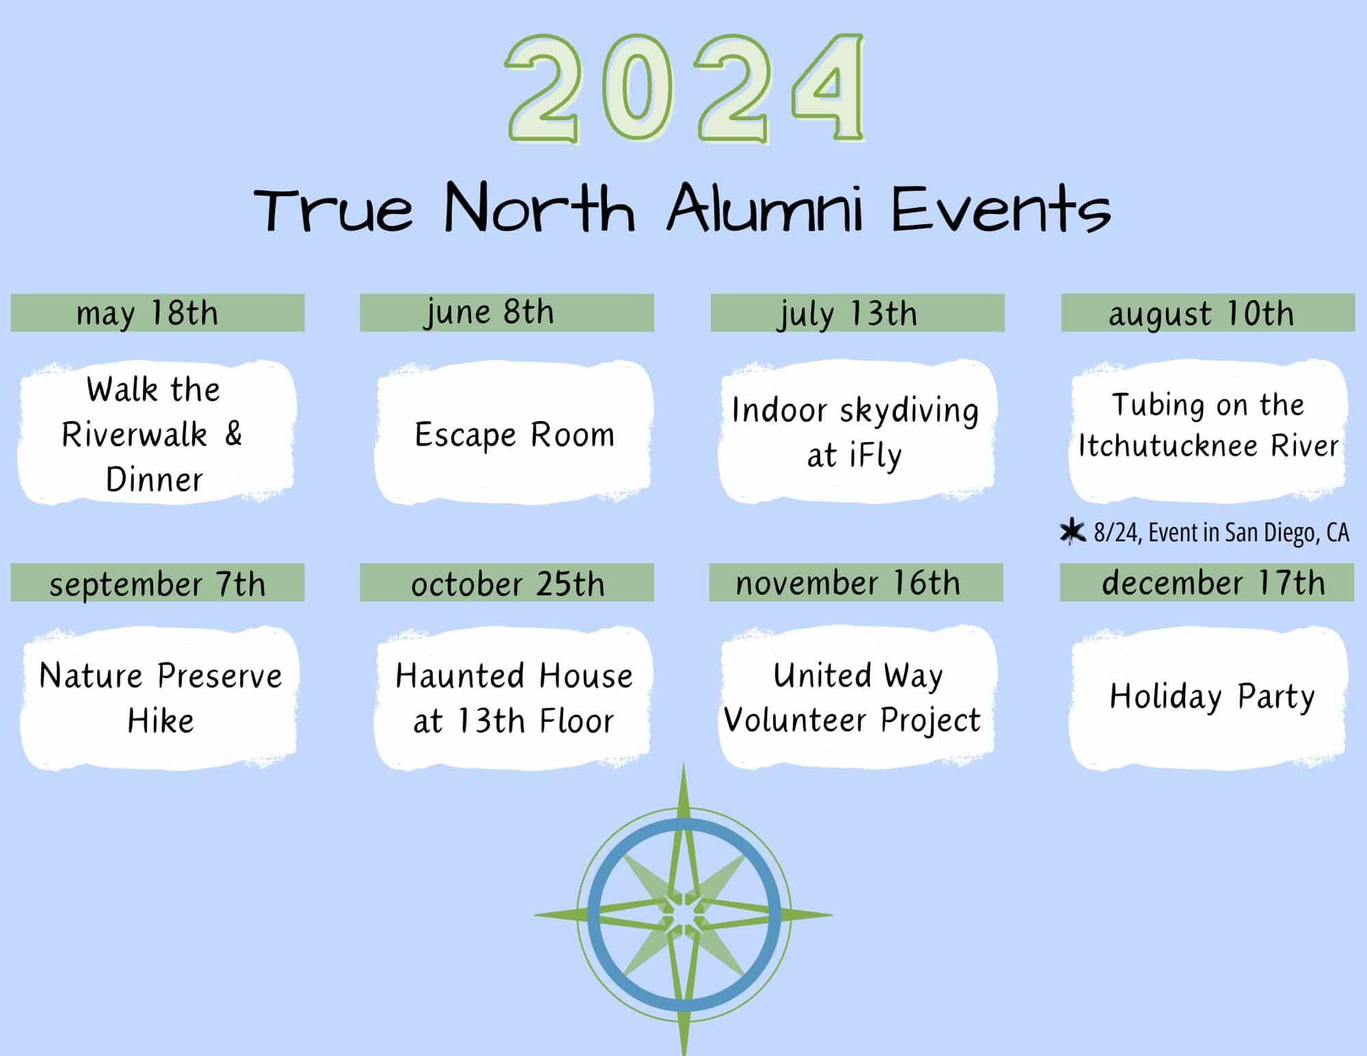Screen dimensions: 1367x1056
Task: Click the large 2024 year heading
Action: pos(686,89)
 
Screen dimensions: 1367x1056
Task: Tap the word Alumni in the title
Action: pos(765,208)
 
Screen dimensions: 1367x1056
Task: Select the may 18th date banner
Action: pos(157,313)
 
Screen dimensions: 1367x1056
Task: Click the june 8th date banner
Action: pos(506,313)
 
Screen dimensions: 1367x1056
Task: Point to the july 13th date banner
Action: pos(857,313)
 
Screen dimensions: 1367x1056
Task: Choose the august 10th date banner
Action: pos(1208,313)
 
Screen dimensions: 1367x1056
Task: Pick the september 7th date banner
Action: pos(157,582)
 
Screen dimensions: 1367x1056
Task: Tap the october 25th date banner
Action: pos(506,582)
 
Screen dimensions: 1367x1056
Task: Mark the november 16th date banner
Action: pos(856,582)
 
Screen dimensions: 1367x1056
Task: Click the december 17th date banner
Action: pos(1206,582)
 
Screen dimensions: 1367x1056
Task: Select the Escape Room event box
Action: pos(514,432)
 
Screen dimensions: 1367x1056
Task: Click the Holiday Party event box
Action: pos(1208,697)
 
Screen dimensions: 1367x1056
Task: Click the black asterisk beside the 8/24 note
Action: pos(1072,532)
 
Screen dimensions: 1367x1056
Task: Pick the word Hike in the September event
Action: pos(161,720)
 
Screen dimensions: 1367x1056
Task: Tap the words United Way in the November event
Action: pos(858,676)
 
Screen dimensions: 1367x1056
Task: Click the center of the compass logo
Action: pos(683,914)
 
